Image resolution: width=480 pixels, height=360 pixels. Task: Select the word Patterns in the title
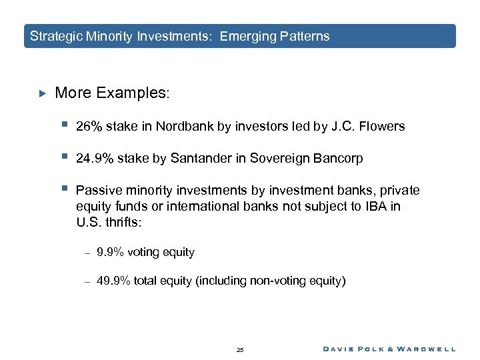[x=306, y=37]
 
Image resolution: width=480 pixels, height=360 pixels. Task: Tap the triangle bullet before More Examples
[x=41, y=93]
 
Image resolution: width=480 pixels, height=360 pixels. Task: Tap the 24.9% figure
[x=93, y=159]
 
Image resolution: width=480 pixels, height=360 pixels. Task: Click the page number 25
[x=240, y=349]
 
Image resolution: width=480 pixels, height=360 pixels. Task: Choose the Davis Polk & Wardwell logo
[x=389, y=349]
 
